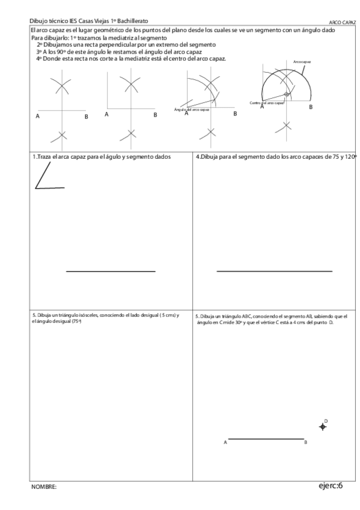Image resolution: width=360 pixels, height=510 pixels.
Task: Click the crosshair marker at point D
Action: [x=323, y=426]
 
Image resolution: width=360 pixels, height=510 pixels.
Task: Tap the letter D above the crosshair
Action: [x=326, y=420]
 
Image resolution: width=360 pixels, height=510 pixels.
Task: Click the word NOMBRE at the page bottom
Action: [x=44, y=487]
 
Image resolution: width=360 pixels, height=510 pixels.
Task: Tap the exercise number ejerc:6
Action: [x=331, y=485]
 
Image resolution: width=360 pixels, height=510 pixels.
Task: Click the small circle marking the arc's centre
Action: [x=287, y=94]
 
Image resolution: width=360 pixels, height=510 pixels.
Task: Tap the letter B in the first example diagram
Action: [x=86, y=115]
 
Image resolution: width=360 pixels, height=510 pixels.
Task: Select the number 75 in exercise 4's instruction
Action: [x=338, y=156]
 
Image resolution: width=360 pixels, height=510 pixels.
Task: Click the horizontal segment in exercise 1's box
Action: [x=111, y=271]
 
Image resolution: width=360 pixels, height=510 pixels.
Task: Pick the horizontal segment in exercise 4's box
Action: [x=274, y=271]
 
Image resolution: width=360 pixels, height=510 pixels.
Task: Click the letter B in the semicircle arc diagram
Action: [x=311, y=106]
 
